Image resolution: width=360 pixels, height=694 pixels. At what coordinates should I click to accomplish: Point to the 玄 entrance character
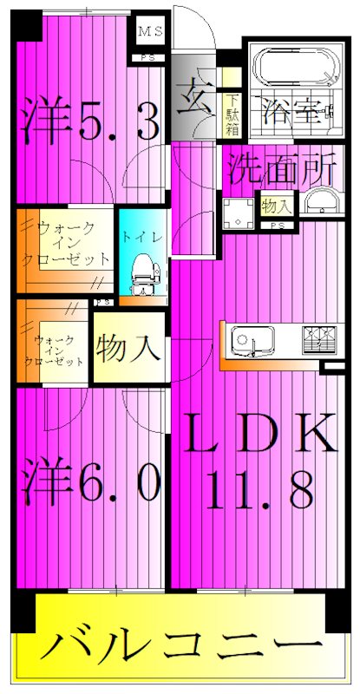(x=195, y=94)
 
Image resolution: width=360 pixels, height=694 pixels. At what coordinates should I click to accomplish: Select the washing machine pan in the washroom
(x=236, y=212)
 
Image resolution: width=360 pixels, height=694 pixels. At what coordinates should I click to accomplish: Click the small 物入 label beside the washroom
(x=277, y=206)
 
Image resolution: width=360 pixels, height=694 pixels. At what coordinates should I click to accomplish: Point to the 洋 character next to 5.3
(x=44, y=121)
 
